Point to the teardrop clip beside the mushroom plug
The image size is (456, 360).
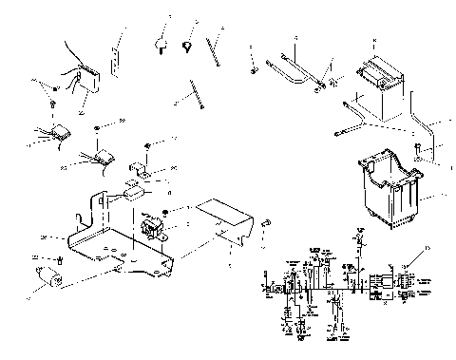point(188,45)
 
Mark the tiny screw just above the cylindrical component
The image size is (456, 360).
point(60,258)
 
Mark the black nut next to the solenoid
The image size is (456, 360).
point(165,211)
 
